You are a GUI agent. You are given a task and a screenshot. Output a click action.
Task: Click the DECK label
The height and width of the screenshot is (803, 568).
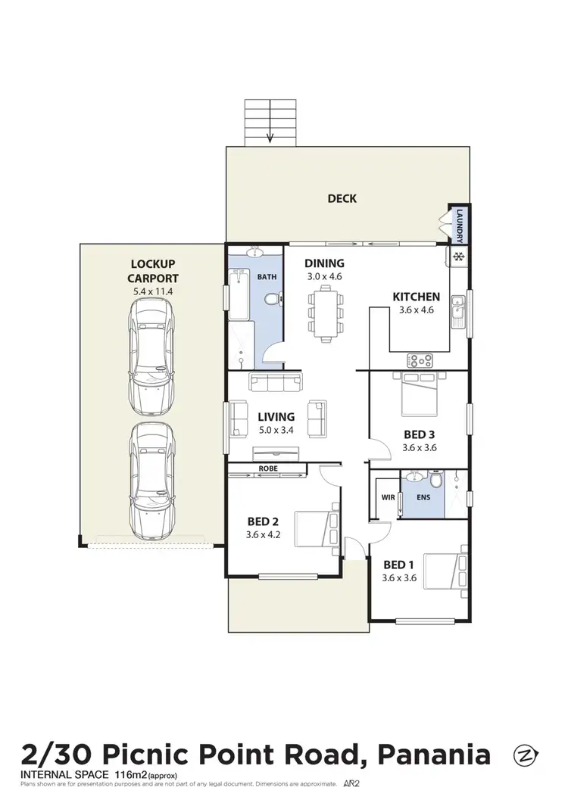click(342, 199)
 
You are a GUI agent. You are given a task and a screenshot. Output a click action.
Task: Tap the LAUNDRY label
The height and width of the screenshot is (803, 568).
click(460, 226)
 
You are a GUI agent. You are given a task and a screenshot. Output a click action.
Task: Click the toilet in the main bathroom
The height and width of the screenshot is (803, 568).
click(272, 301)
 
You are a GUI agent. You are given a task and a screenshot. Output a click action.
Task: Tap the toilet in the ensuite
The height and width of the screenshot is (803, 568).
click(435, 481)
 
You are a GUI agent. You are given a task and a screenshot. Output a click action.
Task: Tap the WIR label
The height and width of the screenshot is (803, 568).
click(388, 498)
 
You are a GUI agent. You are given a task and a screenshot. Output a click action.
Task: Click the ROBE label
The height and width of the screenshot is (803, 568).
click(268, 469)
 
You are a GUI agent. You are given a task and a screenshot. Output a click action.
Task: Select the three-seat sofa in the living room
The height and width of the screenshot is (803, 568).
click(275, 381)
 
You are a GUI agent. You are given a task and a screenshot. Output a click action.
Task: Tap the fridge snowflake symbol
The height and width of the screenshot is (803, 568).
click(458, 257)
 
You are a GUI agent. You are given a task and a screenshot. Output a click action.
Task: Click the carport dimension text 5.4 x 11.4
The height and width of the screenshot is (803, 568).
click(153, 290)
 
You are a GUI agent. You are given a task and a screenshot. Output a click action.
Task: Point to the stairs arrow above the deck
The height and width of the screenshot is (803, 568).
click(270, 136)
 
